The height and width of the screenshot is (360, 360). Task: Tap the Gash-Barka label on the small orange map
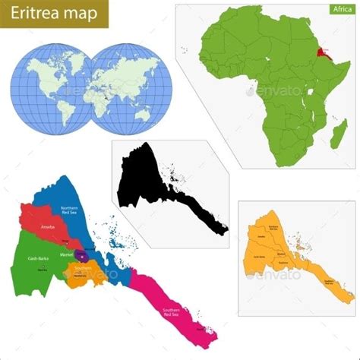(x=258, y=256)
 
